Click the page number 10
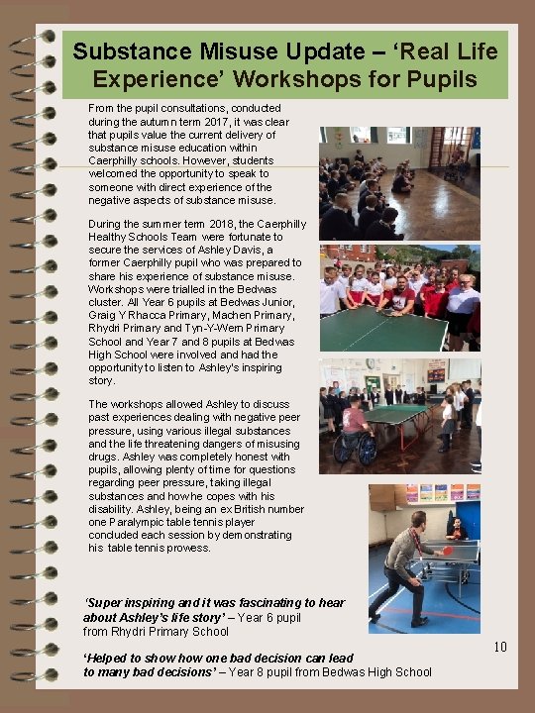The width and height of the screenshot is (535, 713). [x=500, y=648]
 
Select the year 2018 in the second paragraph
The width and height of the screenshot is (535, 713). [x=218, y=224]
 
